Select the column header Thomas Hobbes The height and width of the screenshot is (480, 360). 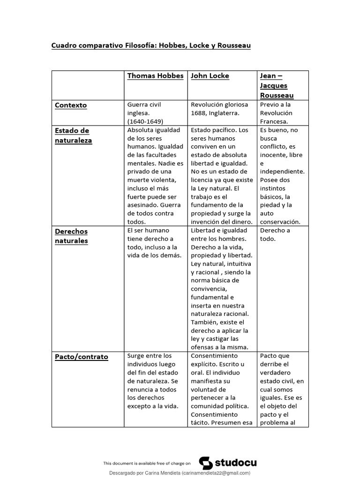click(155, 76)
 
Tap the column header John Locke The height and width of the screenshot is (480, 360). click(210, 76)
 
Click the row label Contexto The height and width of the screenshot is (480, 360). click(71, 105)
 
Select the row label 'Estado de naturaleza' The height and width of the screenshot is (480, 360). click(73, 135)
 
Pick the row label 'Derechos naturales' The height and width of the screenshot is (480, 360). click(71, 236)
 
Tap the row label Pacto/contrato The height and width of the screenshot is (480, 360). click(82, 357)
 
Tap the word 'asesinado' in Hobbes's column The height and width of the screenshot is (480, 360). click(142, 205)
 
